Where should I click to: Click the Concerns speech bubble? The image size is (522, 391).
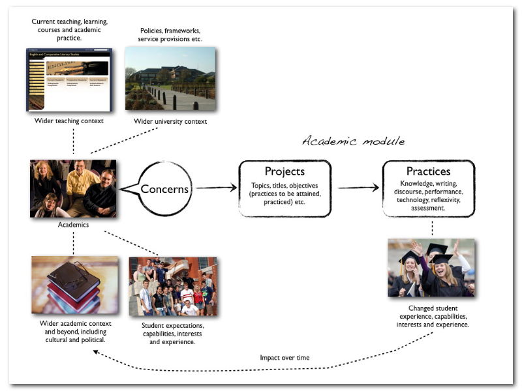[165, 189]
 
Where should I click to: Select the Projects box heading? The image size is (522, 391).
[284, 171]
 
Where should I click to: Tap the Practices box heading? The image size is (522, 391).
[428, 171]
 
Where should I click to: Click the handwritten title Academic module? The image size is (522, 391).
[353, 141]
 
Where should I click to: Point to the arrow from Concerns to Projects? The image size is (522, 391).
[216, 188]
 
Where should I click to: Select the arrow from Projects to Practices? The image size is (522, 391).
[359, 188]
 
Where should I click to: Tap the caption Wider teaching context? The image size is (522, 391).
[69, 121]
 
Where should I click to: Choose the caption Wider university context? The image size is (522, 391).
[170, 121]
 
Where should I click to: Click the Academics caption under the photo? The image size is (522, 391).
[72, 225]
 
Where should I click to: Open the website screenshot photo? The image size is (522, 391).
[69, 79]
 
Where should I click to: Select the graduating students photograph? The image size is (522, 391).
[431, 268]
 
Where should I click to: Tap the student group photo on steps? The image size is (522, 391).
[173, 286]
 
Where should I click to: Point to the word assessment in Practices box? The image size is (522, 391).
[428, 208]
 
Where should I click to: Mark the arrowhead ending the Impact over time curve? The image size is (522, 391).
[95, 352]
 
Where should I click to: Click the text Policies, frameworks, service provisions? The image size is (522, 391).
[170, 35]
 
